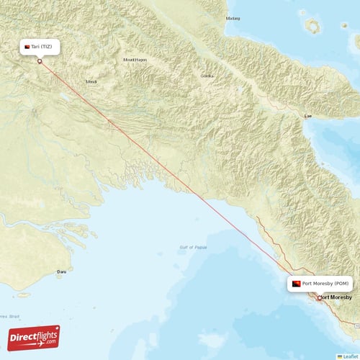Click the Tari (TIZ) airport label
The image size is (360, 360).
point(40,47)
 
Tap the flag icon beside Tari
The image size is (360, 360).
point(27,47)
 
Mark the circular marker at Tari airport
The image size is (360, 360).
point(40,61)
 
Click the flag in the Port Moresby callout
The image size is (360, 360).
point(296,284)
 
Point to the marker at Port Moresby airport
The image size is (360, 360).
point(320,297)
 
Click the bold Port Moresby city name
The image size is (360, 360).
point(336,297)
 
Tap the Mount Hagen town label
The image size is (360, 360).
point(135,60)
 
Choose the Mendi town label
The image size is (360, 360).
point(91,81)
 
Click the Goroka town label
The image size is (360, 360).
point(207,76)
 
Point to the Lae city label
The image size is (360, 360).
point(309,115)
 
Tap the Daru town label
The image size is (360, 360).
point(62,271)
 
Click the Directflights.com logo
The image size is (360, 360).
point(34,336)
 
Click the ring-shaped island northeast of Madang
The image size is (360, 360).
point(313,26)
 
